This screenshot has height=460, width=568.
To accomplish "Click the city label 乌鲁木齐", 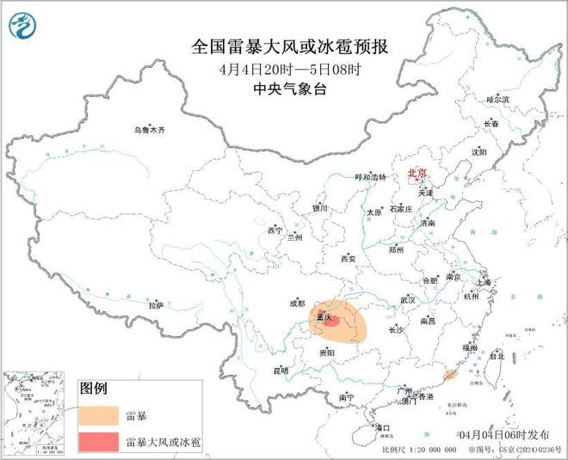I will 148,130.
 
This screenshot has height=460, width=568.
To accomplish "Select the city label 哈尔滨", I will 498,100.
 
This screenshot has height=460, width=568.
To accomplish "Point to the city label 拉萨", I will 155,304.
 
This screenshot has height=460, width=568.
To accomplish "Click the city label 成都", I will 297,303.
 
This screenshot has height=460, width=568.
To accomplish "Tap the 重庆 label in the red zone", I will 325,317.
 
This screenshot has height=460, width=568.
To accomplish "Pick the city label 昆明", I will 281,371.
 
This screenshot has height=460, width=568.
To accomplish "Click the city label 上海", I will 482,282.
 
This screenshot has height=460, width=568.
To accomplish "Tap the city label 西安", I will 348,257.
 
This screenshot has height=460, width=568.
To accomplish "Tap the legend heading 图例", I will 94,389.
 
